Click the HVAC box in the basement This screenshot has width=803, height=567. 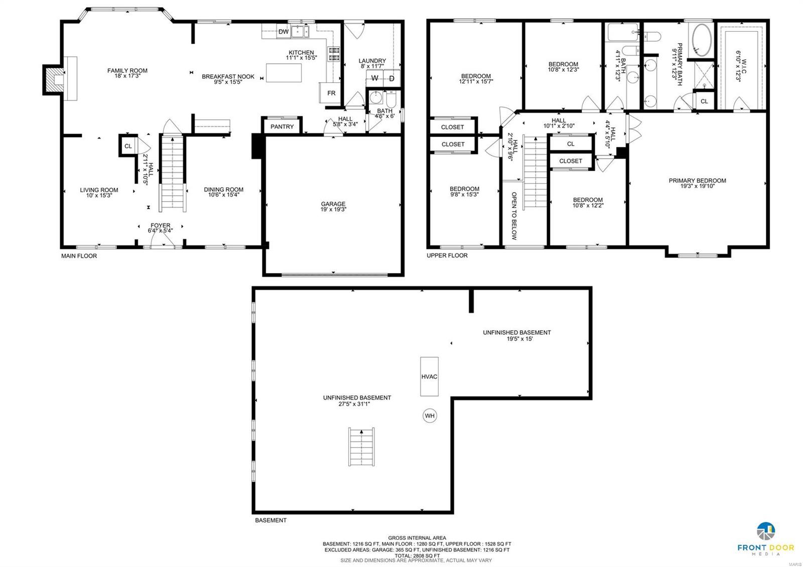[x=429, y=376]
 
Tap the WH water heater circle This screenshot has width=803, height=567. [x=430, y=415]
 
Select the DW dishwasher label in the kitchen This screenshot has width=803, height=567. [x=284, y=32]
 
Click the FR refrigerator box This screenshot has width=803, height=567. [x=331, y=93]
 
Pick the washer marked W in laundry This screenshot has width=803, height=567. [x=374, y=78]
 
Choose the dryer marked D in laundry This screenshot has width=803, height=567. [x=391, y=78]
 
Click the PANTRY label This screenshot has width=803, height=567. [x=282, y=126]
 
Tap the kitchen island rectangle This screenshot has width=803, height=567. [x=284, y=73]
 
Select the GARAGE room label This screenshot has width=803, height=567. [x=333, y=204]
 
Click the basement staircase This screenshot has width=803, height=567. [x=362, y=447]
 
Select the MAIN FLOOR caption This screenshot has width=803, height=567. [x=79, y=256]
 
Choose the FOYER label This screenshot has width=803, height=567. [x=160, y=225]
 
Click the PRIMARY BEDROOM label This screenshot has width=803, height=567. [x=697, y=181]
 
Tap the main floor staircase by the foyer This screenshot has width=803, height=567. [x=173, y=173]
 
